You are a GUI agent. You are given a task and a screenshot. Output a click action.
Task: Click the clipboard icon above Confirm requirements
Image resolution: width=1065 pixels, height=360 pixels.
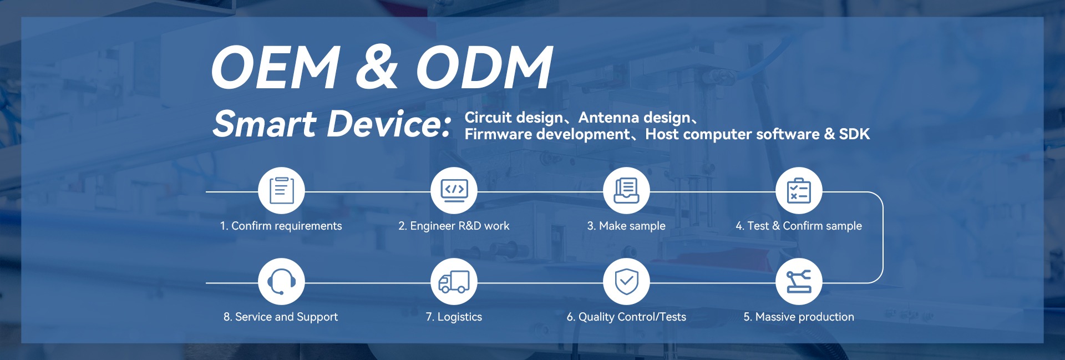281,190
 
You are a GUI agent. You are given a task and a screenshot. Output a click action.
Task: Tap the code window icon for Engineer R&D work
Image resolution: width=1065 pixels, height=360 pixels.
454,190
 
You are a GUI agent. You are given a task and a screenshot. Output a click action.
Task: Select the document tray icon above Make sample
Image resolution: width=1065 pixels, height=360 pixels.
626,190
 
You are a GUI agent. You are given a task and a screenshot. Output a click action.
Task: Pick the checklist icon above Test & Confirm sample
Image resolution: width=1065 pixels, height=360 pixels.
799,190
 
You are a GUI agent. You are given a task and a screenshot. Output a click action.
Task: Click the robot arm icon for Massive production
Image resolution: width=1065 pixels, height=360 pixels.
799,281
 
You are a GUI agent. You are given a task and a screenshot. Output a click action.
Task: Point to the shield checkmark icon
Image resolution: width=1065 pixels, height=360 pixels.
626,281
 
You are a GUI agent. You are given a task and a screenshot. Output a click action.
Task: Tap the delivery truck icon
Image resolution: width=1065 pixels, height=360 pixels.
454,281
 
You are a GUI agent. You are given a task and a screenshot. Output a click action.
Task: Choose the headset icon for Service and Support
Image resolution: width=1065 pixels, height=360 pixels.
281,281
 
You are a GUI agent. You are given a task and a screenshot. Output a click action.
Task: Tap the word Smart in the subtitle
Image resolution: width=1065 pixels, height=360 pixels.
265,123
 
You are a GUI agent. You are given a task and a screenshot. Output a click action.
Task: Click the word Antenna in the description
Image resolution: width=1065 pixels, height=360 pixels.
606,118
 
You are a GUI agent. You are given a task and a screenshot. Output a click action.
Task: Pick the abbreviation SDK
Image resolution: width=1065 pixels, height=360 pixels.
854,134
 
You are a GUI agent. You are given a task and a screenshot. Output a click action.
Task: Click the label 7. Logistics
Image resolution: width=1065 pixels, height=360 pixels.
454,317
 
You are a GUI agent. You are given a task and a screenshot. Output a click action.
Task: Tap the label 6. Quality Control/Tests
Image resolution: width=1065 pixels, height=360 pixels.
626,317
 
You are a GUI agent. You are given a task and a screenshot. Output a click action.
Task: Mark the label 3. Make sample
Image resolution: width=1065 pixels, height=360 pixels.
626,226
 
